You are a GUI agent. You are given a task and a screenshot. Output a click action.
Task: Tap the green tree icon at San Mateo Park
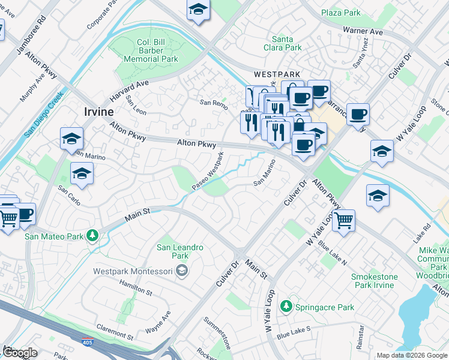point(92,235)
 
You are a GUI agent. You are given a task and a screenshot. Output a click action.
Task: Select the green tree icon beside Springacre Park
point(287,307)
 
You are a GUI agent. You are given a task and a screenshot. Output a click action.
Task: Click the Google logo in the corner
point(20,353)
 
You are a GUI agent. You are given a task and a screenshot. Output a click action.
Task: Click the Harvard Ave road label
point(128,92)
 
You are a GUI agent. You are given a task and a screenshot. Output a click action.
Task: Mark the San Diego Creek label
point(44,115)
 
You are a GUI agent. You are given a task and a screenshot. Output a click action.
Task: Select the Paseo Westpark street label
point(208,172)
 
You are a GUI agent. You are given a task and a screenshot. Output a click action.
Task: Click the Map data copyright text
point(411,355)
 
